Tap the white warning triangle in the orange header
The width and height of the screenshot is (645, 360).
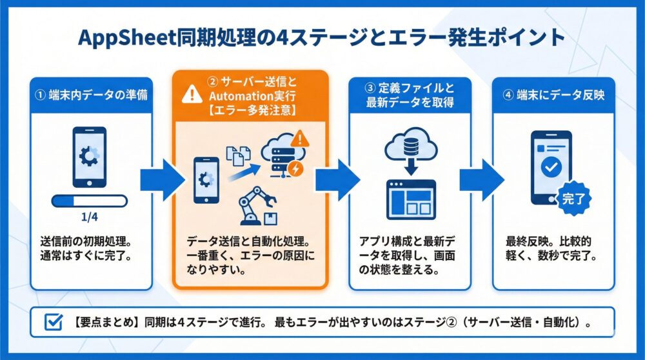(x=192, y=95)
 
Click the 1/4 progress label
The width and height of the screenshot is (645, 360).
(x=90, y=217)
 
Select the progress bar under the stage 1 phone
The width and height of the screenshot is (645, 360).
(x=90, y=201)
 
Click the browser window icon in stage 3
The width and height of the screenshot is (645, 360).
(x=410, y=199)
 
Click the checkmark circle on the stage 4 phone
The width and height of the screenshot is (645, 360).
(x=552, y=167)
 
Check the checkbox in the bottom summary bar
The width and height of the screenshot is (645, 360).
(x=52, y=323)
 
